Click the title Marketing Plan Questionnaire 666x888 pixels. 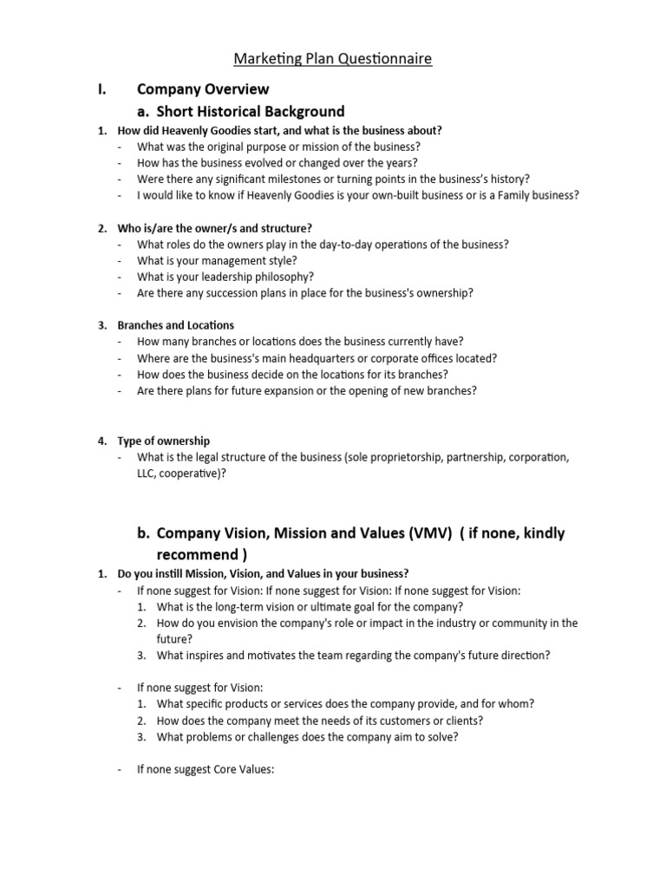333,59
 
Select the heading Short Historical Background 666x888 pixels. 250,111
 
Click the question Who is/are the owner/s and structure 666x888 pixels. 214,228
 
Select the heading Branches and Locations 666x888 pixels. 175,325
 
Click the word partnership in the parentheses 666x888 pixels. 477,456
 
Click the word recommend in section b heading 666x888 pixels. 196,554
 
